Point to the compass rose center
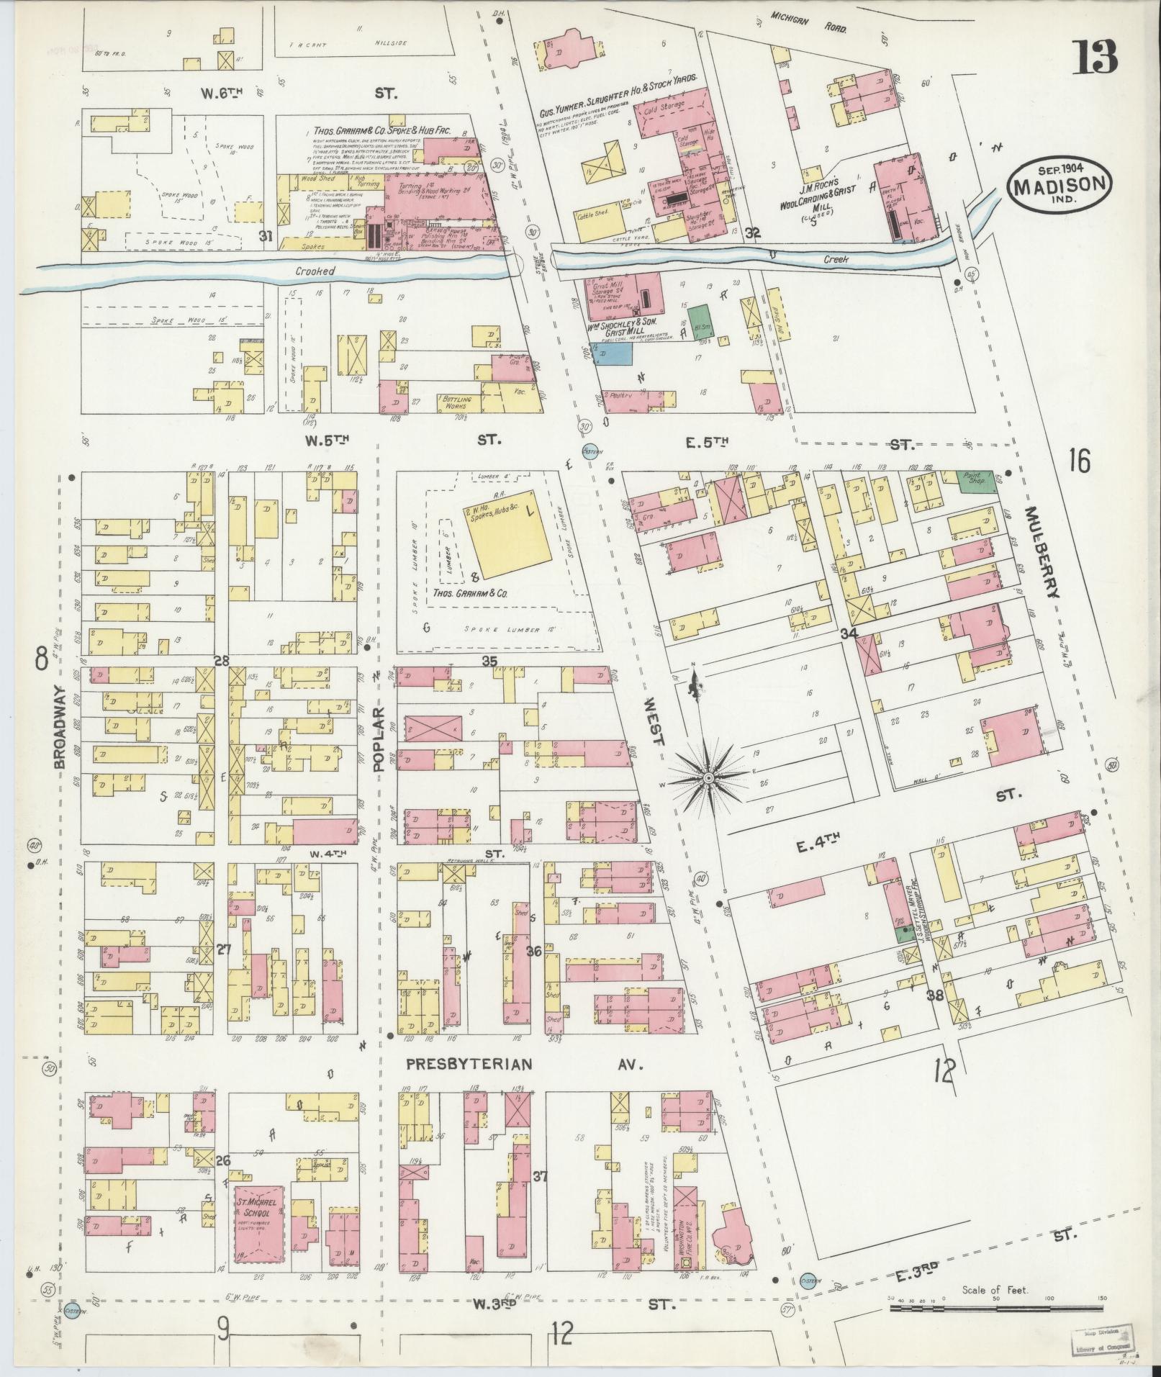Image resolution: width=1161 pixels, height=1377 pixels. tap(709, 778)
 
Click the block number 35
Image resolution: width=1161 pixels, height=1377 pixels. tap(489, 660)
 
